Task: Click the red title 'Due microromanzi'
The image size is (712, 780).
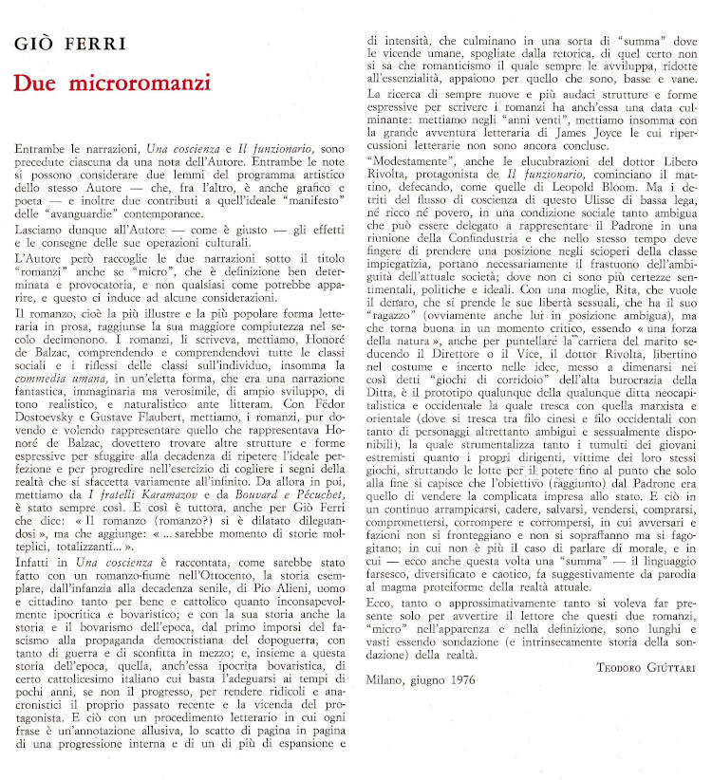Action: (112, 83)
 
